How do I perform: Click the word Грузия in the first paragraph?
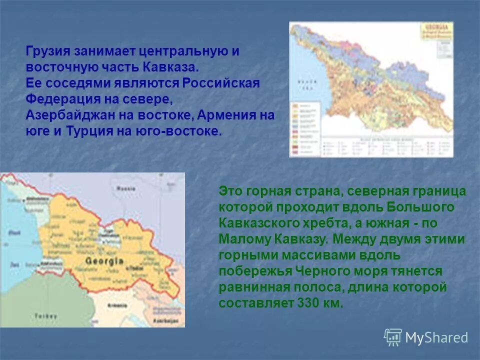pyautogui.click(x=48, y=51)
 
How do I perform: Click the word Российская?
pyautogui.click(x=220, y=83)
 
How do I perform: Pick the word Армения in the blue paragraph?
pyautogui.click(x=223, y=115)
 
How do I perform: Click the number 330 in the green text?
pyautogui.click(x=308, y=303)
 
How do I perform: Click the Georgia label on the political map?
pyautogui.click(x=104, y=261)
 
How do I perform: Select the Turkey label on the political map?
pyautogui.click(x=45, y=315)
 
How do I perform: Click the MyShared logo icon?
pyautogui.click(x=393, y=337)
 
